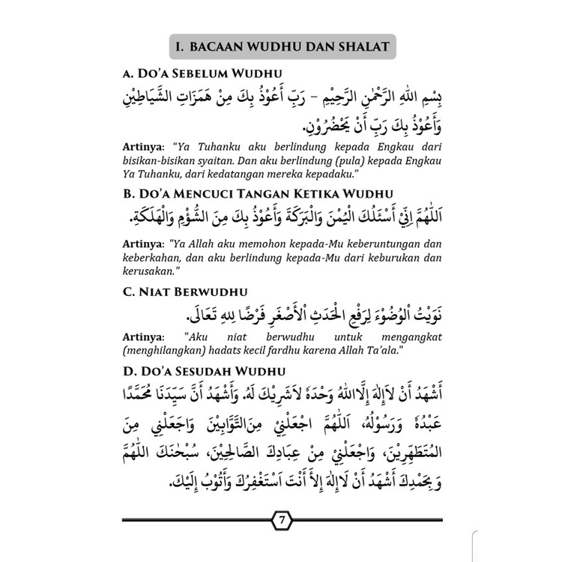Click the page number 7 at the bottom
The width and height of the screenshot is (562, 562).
pyautogui.click(x=279, y=521)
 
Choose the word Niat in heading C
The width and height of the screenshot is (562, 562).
pyautogui.click(x=150, y=291)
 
